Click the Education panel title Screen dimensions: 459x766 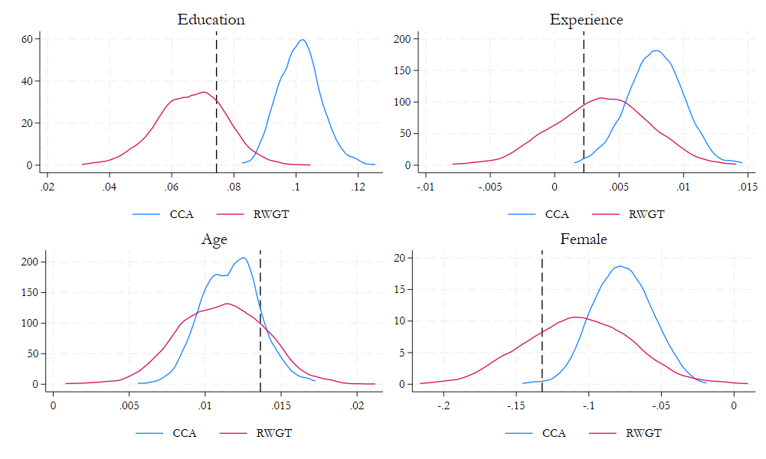click(211, 20)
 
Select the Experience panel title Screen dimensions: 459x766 click(586, 20)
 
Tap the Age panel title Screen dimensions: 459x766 click(214, 239)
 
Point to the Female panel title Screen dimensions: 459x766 click(584, 239)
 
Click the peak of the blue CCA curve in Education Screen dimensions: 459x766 click(303, 40)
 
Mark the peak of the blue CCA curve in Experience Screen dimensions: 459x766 click(656, 50)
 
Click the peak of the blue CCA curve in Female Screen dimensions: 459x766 click(620, 266)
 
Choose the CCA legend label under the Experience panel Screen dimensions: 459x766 click(557, 214)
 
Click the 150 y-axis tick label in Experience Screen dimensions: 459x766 click(404, 70)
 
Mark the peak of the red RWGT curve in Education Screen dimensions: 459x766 click(204, 92)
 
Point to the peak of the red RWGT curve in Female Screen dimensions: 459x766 click(576, 317)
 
